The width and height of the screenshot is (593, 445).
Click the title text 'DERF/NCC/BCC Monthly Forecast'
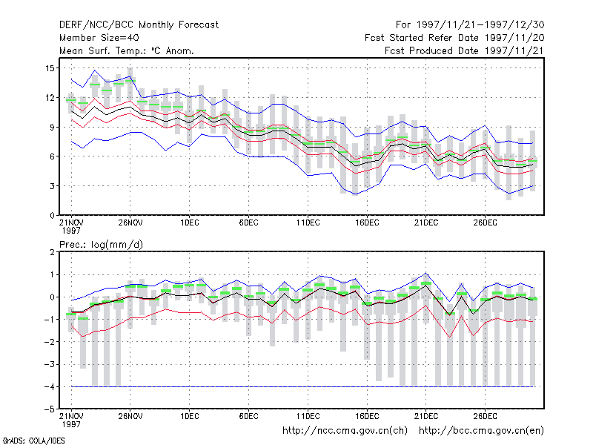(x=139, y=25)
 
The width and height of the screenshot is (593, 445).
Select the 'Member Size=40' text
(x=99, y=38)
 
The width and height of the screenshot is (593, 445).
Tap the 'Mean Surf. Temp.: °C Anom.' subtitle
(x=127, y=50)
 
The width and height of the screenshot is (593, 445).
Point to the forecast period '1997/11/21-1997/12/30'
(x=480, y=25)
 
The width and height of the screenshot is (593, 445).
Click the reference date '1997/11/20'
(x=514, y=38)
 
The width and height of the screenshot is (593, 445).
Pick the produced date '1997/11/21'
(x=514, y=50)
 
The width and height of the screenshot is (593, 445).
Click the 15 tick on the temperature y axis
(x=50, y=68)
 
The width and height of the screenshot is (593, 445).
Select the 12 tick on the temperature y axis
(x=50, y=98)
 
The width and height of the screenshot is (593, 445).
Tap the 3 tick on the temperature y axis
(x=52, y=186)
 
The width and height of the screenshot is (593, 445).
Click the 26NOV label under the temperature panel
(x=130, y=223)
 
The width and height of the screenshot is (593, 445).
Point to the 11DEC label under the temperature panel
(x=308, y=223)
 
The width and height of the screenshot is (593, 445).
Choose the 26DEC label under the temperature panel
(x=485, y=223)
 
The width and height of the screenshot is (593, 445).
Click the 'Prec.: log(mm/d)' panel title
(x=101, y=245)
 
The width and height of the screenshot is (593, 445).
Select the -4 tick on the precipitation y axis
(x=49, y=387)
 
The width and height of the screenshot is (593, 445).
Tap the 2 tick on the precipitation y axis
(x=52, y=252)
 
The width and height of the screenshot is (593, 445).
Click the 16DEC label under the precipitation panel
(x=367, y=416)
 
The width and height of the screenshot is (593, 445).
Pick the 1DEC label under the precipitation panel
(x=190, y=416)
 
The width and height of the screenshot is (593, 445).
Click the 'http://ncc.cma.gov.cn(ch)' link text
(x=345, y=431)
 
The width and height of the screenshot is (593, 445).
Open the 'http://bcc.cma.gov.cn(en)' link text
(x=481, y=431)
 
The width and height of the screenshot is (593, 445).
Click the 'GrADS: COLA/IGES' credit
(x=33, y=441)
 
